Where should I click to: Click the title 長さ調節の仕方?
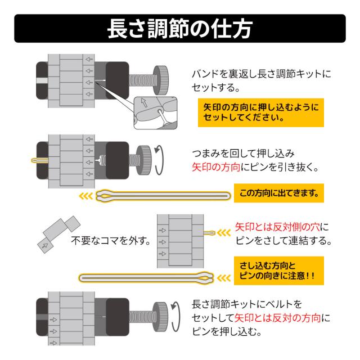pyautogui.click(x=180, y=29)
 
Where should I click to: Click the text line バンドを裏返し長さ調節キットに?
pyautogui.click(x=262, y=74)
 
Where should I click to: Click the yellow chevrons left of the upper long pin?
pyautogui.click(x=87, y=196)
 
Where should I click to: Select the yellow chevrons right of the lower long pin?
pyautogui.click(x=224, y=277)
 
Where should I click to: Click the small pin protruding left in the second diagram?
pyautogui.click(x=35, y=162)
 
